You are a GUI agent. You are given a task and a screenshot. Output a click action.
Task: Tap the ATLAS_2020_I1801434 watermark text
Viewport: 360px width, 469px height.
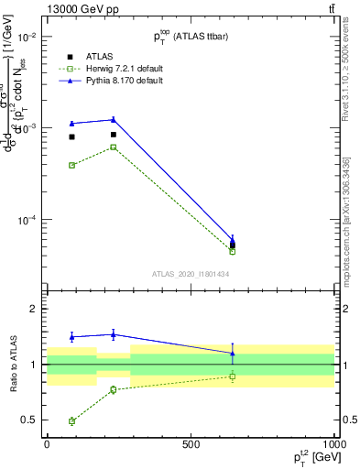tap(191, 274)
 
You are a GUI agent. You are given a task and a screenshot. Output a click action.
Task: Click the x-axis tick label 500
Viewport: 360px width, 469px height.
tap(191, 444)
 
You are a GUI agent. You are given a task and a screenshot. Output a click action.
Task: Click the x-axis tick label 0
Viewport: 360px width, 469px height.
tap(47, 444)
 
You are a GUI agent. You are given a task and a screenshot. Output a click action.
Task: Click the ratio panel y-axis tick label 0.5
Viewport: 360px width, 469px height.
tap(28, 420)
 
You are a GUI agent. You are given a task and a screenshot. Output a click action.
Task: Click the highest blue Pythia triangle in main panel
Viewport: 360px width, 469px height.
tap(113, 119)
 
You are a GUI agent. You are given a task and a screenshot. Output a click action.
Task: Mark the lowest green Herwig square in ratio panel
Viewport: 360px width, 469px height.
tap(71, 421)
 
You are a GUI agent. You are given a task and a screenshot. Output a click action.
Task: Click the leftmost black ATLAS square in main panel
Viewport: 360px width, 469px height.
tap(71, 136)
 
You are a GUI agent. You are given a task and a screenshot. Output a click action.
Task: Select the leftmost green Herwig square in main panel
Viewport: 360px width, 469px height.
tap(71, 165)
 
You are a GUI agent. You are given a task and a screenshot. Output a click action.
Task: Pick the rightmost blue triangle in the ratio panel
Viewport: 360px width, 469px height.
tap(233, 353)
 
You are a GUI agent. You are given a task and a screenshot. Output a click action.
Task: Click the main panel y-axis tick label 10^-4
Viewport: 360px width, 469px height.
tap(27, 220)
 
